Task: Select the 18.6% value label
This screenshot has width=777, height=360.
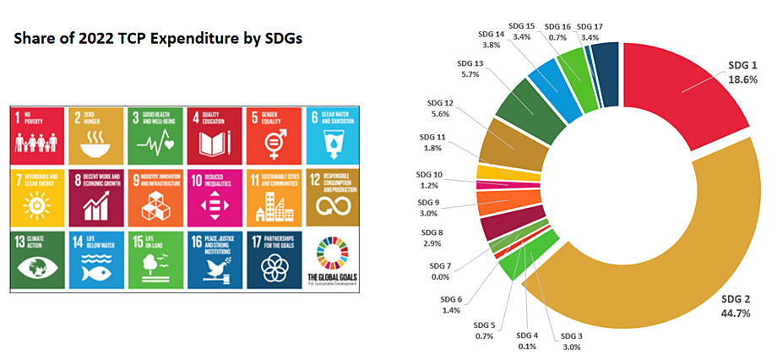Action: tap(742, 79)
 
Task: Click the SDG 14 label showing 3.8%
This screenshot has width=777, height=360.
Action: tap(492, 41)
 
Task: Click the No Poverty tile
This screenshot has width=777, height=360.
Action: tap(38, 135)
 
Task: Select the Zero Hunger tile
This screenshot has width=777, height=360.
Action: tap(97, 135)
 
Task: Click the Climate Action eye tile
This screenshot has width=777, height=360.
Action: tap(38, 259)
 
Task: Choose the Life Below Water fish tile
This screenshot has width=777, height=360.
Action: tap(97, 259)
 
